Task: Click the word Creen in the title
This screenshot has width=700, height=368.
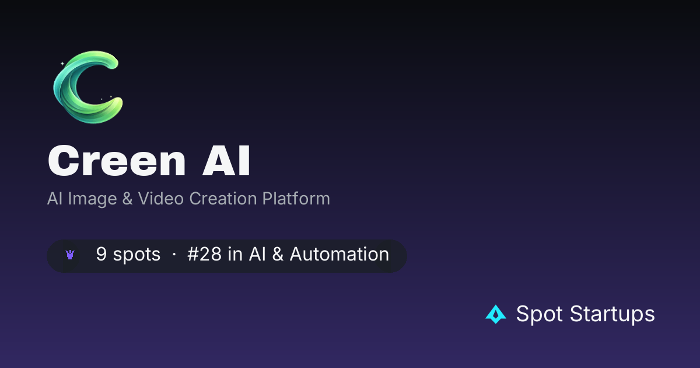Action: [x=117, y=161]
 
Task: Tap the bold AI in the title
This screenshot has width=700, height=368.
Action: [x=226, y=161]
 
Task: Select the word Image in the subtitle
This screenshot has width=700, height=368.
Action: [x=92, y=199]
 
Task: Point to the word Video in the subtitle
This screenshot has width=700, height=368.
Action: [x=160, y=199]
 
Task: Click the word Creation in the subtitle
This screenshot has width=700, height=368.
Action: [x=223, y=199]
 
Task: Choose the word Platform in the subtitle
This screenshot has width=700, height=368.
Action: [x=296, y=199]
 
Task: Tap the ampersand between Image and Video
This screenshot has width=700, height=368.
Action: [x=127, y=199]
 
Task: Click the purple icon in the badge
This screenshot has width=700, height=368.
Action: [x=70, y=255]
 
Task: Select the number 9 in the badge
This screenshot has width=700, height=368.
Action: [x=101, y=254]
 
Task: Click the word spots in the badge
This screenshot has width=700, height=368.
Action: [x=136, y=255]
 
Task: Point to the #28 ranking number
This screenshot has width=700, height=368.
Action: [x=204, y=254]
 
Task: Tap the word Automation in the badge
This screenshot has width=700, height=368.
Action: [x=339, y=254]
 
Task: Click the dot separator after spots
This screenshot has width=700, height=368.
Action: [x=174, y=255]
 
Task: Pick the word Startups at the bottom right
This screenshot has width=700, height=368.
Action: [x=612, y=314]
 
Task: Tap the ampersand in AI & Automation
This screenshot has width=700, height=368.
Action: [x=278, y=254]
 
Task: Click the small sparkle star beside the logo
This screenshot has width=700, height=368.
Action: [x=62, y=64]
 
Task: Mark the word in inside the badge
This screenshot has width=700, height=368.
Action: [x=235, y=254]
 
